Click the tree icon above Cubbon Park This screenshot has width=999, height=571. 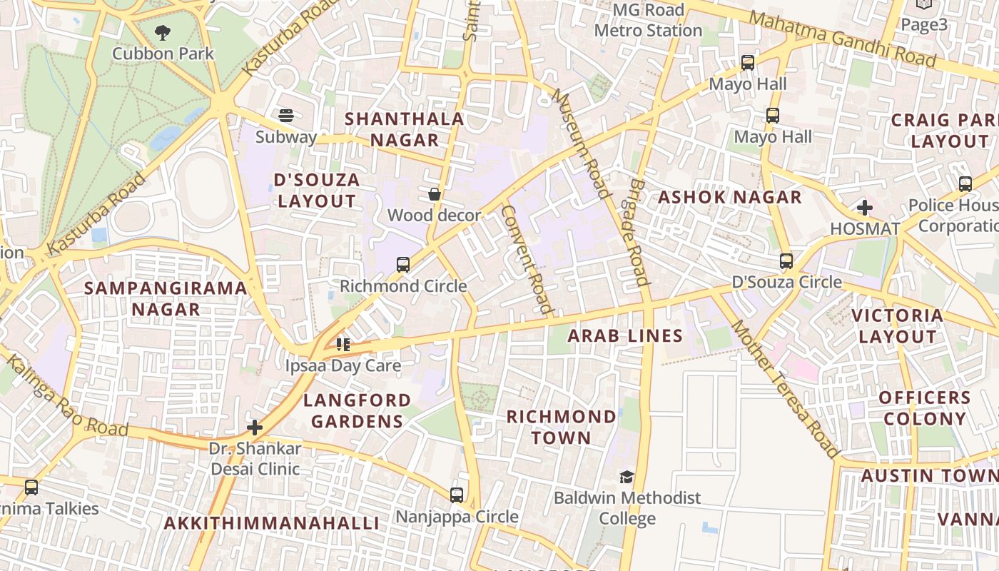tap(163, 32)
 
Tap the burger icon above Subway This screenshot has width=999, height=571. tap(286, 116)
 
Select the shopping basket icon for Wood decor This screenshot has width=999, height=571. tap(434, 194)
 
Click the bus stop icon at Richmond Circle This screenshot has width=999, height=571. tap(403, 265)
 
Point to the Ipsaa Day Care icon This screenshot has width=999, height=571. tap(343, 345)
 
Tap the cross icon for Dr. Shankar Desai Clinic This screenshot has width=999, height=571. tap(255, 428)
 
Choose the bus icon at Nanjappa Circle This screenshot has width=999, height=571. tap(457, 495)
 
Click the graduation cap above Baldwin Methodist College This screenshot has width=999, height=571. tap(627, 477)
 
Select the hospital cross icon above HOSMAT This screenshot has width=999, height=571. tap(865, 208)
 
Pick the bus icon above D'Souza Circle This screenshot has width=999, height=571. tap(786, 261)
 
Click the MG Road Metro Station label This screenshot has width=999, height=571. tap(648, 21)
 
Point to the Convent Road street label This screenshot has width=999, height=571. tap(528, 260)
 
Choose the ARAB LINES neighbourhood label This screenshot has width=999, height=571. tap(625, 335)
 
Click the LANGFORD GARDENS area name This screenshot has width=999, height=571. tap(357, 410)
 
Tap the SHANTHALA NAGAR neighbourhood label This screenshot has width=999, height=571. tap(405, 129)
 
